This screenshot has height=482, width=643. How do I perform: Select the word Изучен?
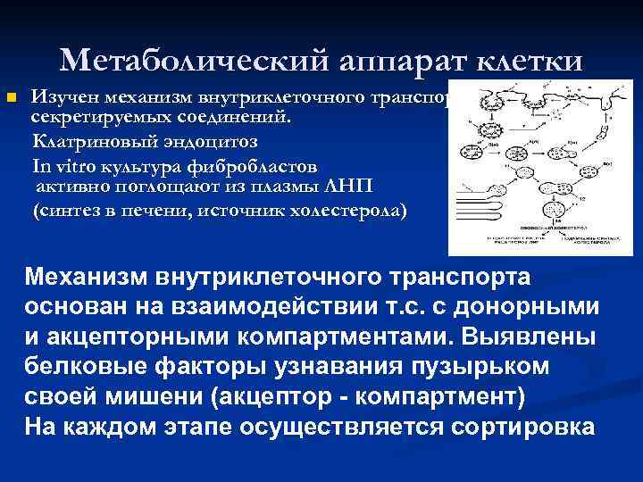pyautogui.click(x=62, y=96)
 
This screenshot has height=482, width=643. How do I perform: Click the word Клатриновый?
pyautogui.click(x=86, y=142)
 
